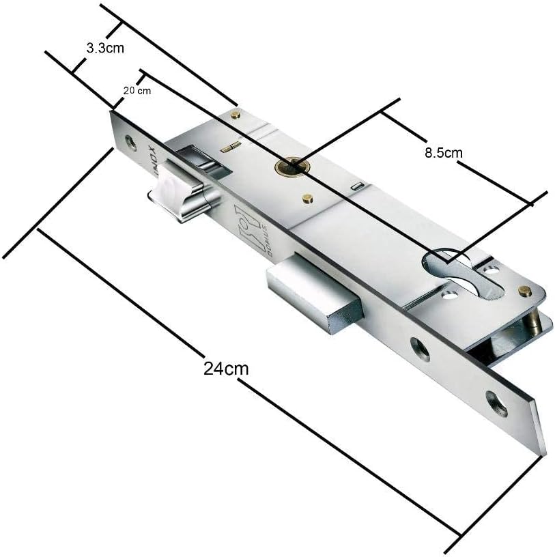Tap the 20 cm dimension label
pos(137,91)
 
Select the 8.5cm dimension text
pos(443,153)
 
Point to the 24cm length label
pos(225,369)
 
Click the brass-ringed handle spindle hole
pos(291,165)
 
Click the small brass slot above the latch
pos(232,145)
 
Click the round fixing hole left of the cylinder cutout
pos(449,296)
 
